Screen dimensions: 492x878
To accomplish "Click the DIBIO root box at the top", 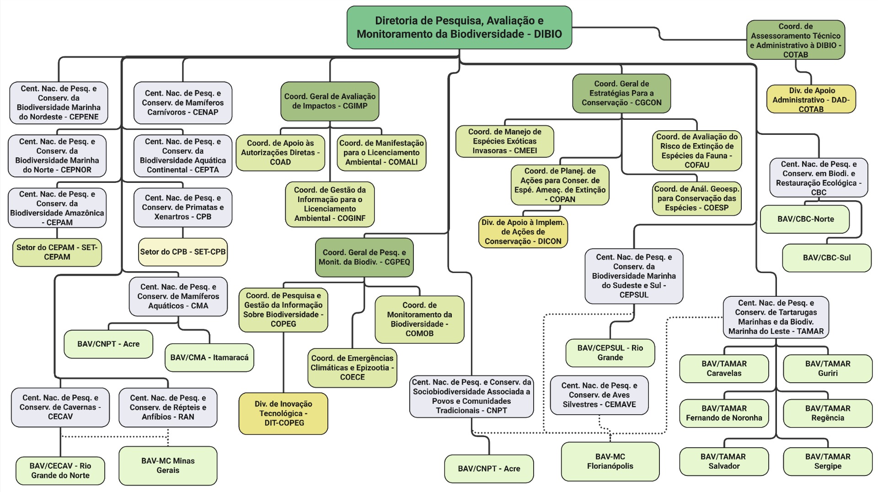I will pos(459,27).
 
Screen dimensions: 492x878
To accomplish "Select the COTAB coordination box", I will pos(795,40).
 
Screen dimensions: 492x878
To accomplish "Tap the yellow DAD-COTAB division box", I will pos(811,99).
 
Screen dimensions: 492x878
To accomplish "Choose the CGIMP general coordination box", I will pos(330,101).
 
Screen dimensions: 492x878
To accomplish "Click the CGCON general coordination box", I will pos(621,93).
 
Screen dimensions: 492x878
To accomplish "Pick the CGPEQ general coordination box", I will pos(364,257).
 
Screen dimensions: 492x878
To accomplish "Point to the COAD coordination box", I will pos(280,153).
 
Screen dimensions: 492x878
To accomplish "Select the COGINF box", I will pos(330,204).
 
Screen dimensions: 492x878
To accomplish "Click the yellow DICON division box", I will pos(523,232).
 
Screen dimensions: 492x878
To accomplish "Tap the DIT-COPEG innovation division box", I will pos(283,413).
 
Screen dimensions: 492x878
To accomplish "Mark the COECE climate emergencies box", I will pos(352,368).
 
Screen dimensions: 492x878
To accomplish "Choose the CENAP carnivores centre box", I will pos(182,103).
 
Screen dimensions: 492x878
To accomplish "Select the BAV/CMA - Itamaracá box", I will pos(209,357).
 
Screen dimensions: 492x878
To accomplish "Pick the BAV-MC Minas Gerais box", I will pos(168,465).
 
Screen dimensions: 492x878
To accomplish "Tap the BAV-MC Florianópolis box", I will pos(610,461).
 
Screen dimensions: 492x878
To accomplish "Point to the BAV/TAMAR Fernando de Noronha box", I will pos(724,413).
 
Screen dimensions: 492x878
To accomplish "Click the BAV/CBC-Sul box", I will pos(826,257).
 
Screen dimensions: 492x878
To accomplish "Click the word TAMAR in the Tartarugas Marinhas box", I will pos(810,331).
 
